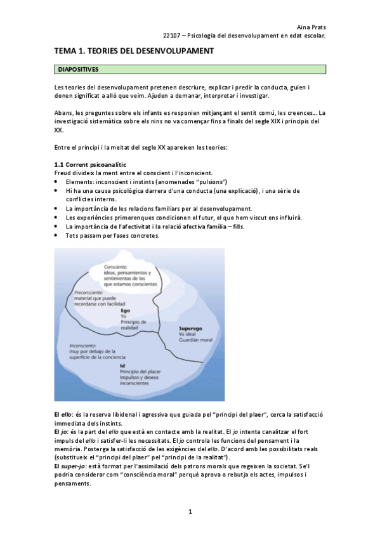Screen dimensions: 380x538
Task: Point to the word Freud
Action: pos(62,173)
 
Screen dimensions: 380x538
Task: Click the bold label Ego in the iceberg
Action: pos(125,311)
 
